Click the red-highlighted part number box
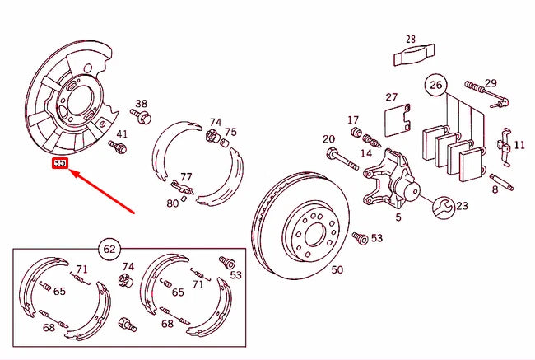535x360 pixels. click(59, 164)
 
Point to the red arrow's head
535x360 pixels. click(71, 172)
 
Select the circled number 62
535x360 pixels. click(109, 247)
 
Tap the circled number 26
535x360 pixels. click(435, 83)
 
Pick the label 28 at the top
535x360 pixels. click(411, 39)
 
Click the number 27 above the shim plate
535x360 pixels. click(391, 96)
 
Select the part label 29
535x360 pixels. click(491, 82)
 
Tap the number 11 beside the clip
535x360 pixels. click(519, 145)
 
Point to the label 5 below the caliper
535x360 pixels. click(398, 217)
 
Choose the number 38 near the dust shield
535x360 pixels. click(142, 104)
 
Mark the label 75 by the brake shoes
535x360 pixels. click(230, 132)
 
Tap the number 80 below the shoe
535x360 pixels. click(172, 203)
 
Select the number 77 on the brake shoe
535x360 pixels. click(186, 176)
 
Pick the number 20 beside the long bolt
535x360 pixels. click(328, 139)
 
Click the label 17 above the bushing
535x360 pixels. click(353, 119)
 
